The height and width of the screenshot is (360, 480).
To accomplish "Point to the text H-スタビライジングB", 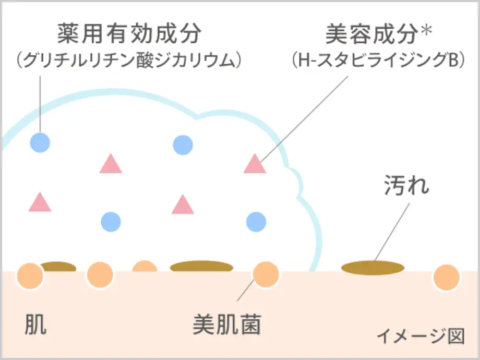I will pos(377,61).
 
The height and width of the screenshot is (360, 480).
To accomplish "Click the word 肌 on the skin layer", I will pos(35,325).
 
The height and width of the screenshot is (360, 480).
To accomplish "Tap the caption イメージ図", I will pos(420,336).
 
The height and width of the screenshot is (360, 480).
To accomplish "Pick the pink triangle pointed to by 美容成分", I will pos(255,164).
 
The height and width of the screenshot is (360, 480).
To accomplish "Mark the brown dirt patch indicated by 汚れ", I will pos(373,268).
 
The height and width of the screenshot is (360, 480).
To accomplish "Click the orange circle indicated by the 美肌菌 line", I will pos(266,275).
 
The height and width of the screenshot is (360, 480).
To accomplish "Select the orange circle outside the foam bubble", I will pos(446,277).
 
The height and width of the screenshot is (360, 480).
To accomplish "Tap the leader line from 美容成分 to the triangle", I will pos(303,117).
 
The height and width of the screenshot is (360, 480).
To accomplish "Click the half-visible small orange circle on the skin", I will pos(145,267).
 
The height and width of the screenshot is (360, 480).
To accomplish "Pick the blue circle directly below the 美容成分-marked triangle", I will pos(256,221).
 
